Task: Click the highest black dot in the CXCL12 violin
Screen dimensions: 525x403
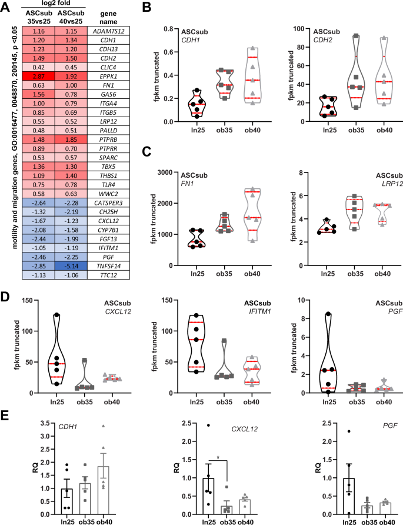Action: [x=56, y=315]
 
